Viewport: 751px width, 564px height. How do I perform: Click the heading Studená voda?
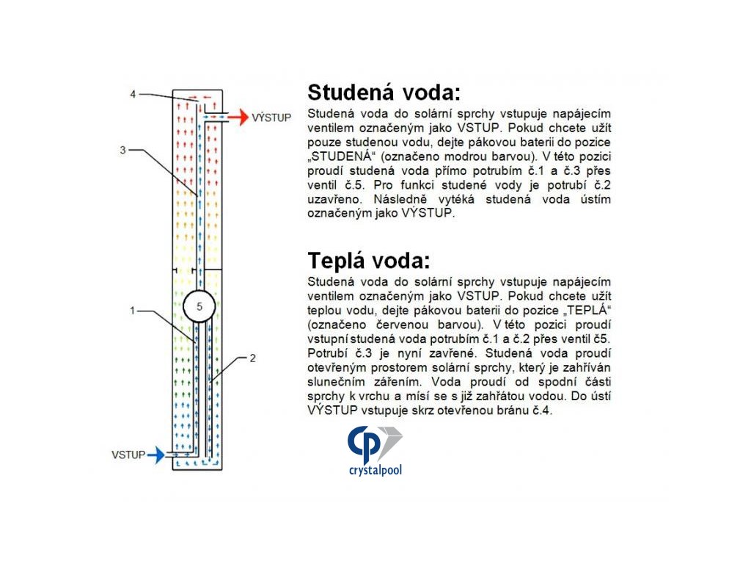pyautogui.click(x=384, y=93)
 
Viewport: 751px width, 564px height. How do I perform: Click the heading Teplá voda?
pyautogui.click(x=368, y=261)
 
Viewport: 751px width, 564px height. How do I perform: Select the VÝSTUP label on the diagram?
pyautogui.click(x=273, y=117)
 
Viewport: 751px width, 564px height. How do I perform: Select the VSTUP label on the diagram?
pyautogui.click(x=128, y=455)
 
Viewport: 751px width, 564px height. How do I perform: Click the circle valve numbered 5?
pyautogui.click(x=198, y=305)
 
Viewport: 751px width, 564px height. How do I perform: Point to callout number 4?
pyautogui.click(x=133, y=95)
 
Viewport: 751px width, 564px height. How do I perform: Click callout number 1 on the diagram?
pyautogui.click(x=133, y=311)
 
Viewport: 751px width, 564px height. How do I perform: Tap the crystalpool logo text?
pyautogui.click(x=375, y=470)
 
